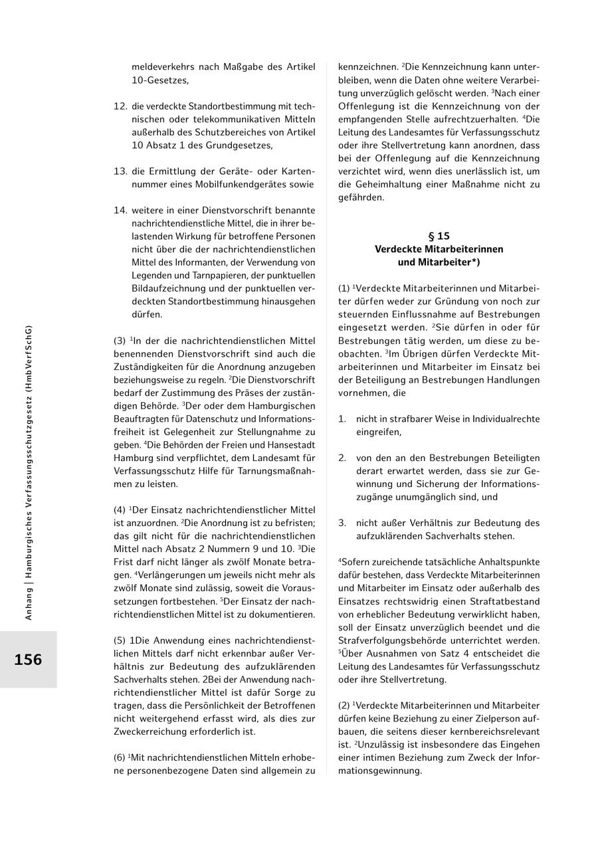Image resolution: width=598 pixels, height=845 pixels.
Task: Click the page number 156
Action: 28,660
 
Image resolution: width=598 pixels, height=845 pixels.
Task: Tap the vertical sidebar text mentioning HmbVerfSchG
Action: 28,472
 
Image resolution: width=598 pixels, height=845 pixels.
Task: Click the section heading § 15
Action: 439,236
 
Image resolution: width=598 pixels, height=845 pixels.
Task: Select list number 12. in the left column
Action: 120,106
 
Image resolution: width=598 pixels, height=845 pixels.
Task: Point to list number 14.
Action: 120,210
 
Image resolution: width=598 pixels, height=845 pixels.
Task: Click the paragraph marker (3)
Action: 120,341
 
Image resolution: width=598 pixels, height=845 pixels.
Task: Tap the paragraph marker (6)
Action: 120,757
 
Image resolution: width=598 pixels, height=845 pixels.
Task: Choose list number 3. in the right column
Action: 342,523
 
